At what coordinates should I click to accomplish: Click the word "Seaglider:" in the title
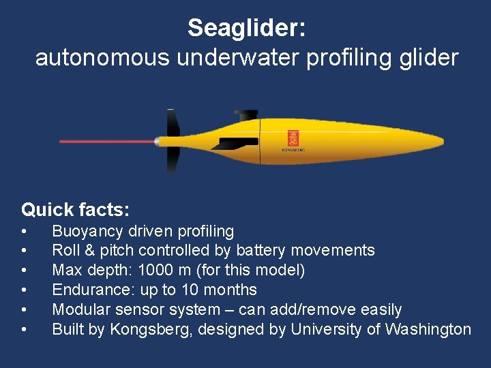pos(246,28)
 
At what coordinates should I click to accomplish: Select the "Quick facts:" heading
pos(75,209)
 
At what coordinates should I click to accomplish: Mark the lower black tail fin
pos(173,162)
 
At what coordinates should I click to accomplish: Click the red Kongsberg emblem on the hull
pos(293,138)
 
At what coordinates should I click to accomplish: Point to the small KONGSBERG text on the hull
pos(293,150)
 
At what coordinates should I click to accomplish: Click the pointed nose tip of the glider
pos(441,142)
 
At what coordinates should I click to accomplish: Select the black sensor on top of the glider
pos(245,114)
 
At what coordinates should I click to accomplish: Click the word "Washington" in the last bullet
pos(428,329)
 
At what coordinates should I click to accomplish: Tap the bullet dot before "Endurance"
pos(25,290)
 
